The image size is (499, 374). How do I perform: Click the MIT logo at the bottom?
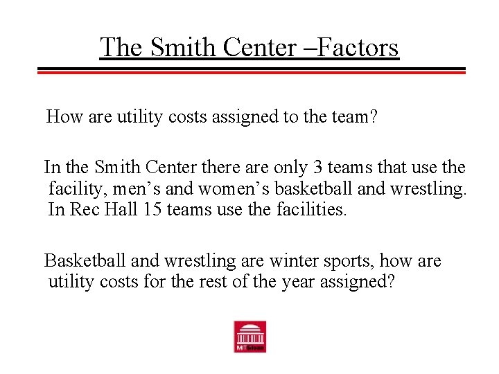pyautogui.click(x=249, y=337)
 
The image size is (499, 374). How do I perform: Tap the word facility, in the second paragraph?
pyautogui.click(x=73, y=188)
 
